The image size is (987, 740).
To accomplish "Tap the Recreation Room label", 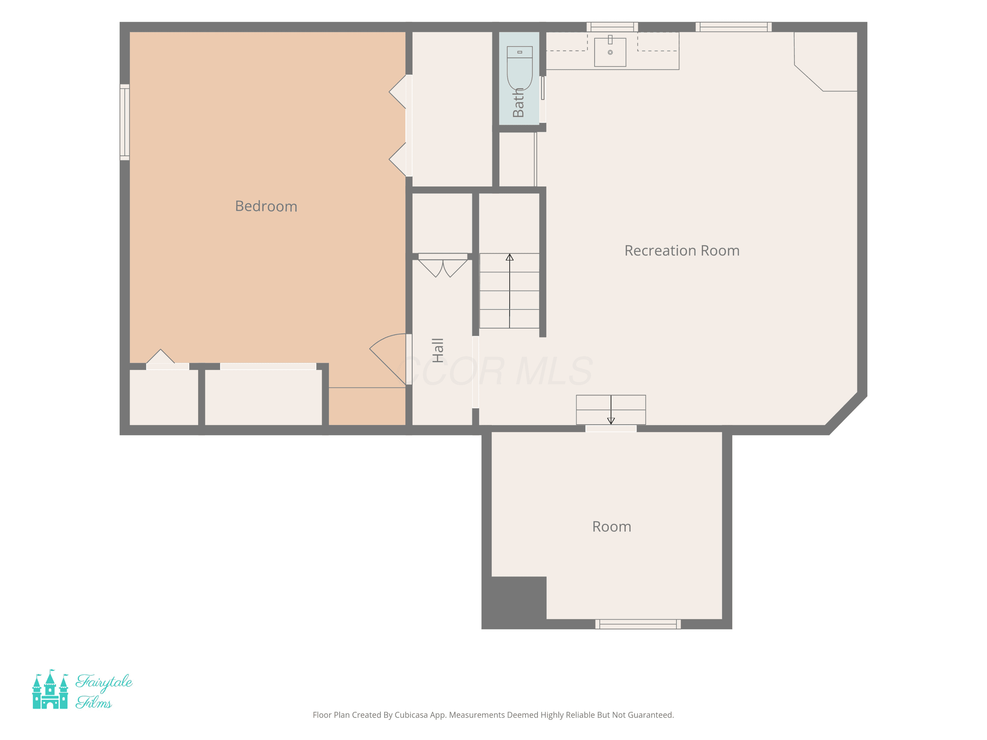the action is (x=682, y=251).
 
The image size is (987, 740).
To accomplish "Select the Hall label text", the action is (x=438, y=350).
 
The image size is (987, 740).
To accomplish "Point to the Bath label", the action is (x=518, y=103).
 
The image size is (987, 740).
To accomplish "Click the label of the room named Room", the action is (x=611, y=527).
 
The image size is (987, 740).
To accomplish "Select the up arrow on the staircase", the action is (x=510, y=285).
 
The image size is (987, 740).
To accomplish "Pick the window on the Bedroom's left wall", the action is (x=124, y=122).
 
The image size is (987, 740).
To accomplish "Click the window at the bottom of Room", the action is (x=638, y=624).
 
